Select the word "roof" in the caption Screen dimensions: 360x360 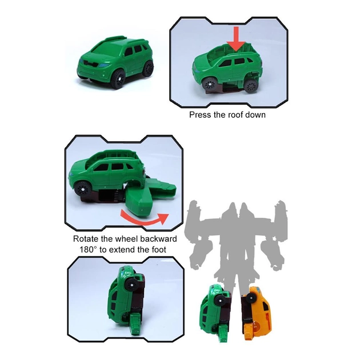pos(237,114)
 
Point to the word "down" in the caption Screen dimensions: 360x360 pos(257,114)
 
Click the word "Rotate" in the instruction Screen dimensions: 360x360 pos(86,239)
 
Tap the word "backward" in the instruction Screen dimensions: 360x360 pos(158,239)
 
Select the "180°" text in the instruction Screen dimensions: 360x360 pos(89,250)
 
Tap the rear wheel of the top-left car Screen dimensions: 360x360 pos(149,68)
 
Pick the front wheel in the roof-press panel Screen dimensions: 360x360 pos(209,84)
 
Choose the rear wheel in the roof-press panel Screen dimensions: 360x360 pos(251,86)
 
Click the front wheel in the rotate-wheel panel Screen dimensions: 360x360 pos(82,189)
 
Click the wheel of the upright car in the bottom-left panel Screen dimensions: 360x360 pos(132,285)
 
